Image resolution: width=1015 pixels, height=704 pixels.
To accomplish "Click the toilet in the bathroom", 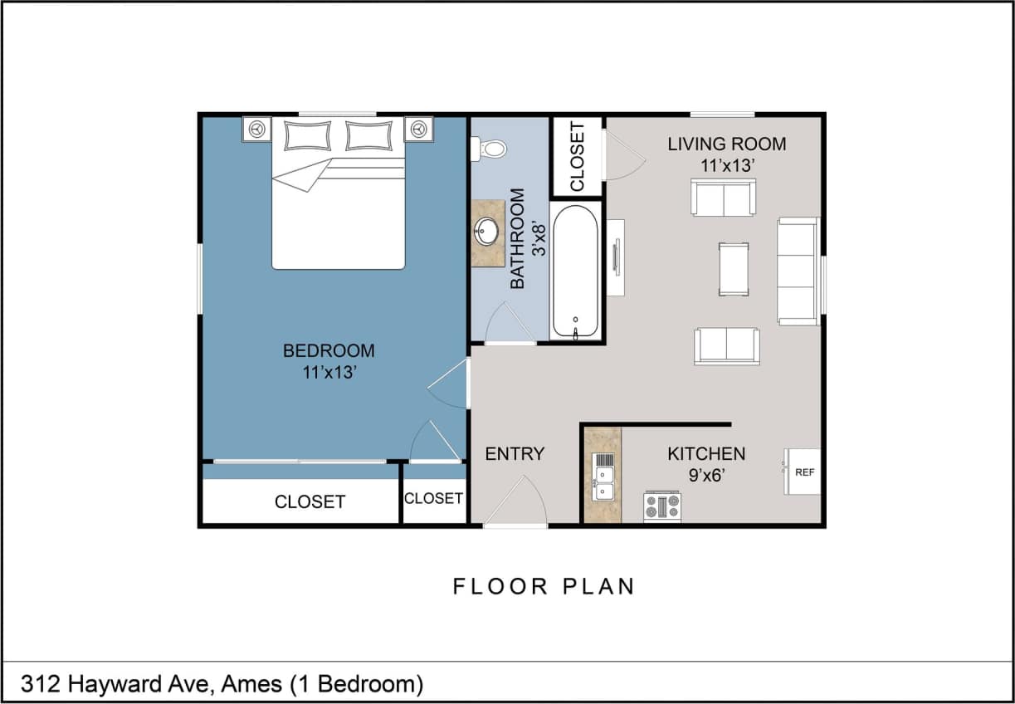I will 490,149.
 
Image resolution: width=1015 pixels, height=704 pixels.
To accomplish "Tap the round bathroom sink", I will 487,232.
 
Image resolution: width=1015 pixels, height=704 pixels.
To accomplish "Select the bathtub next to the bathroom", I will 575,271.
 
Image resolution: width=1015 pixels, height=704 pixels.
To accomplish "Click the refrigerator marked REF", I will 803,472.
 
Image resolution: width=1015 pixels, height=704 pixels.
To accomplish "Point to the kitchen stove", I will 661,506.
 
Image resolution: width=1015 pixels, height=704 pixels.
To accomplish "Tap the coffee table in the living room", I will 733,269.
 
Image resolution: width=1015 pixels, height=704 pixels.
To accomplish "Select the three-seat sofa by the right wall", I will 797,271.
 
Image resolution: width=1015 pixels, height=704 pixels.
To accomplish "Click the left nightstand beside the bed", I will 257,130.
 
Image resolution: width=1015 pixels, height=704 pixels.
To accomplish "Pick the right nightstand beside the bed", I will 418,130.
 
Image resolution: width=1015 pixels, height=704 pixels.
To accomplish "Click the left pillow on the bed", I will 307,135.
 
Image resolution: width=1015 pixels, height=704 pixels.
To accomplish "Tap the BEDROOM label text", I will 329,351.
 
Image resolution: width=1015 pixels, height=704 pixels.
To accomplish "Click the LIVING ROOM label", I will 726,144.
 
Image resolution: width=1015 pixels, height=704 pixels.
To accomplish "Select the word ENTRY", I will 515,454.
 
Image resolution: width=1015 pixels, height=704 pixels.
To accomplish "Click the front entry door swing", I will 517,503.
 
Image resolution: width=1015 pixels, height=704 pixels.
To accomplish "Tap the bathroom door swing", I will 507,325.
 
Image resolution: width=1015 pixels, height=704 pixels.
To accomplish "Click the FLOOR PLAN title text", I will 544,586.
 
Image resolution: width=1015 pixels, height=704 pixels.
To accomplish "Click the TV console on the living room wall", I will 615,257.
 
